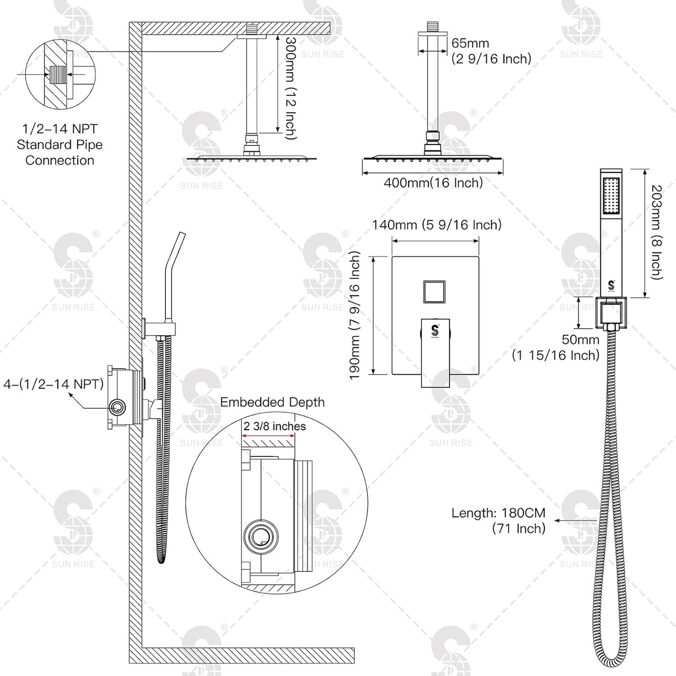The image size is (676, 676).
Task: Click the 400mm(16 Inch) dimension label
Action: (433, 183)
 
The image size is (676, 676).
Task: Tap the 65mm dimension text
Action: (470, 43)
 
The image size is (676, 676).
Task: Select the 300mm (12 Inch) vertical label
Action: (291, 88)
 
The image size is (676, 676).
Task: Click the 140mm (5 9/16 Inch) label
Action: (436, 224)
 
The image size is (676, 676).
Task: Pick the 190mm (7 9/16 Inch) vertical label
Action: (356, 315)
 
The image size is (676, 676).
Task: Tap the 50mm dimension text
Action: (580, 339)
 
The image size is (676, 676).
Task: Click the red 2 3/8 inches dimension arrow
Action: (269, 436)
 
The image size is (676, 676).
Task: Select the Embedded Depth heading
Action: (272, 402)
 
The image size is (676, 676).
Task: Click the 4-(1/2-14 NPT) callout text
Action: (54, 384)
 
